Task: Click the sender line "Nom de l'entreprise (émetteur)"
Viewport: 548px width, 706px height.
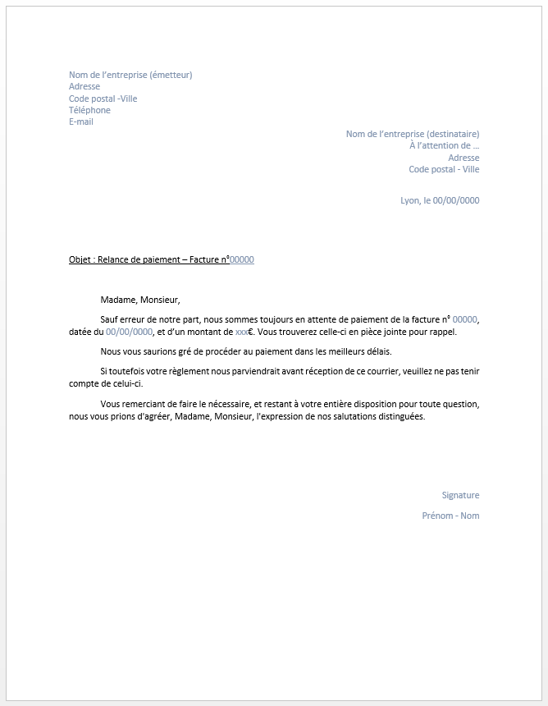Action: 130,75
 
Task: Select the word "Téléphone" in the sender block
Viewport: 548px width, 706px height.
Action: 89,110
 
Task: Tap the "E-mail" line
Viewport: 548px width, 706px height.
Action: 81,121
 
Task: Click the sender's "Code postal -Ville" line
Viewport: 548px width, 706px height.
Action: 103,99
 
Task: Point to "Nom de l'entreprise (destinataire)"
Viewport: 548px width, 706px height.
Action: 413,134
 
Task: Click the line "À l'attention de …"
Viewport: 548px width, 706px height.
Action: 445,145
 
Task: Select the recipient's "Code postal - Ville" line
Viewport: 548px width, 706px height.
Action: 444,169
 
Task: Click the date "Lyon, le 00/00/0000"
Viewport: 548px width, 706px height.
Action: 440,200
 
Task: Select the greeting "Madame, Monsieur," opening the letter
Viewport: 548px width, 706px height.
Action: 139,300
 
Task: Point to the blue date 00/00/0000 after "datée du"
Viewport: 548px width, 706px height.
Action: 130,332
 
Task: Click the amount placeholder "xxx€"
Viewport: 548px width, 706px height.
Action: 244,332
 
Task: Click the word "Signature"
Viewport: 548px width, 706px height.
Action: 460,495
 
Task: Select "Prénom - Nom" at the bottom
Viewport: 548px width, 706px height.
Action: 450,516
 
